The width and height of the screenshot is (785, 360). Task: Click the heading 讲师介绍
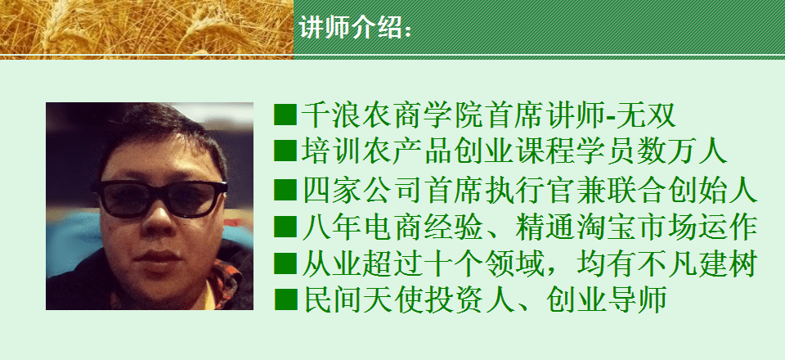(x=351, y=28)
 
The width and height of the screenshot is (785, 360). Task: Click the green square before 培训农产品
(x=285, y=151)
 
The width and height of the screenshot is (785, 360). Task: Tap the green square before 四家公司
(x=285, y=189)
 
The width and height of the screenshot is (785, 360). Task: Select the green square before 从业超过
(x=285, y=263)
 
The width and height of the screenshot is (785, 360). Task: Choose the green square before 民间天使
(x=285, y=299)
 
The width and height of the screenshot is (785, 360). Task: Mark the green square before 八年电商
(x=285, y=227)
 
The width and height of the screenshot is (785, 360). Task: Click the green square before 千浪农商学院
(x=285, y=115)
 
